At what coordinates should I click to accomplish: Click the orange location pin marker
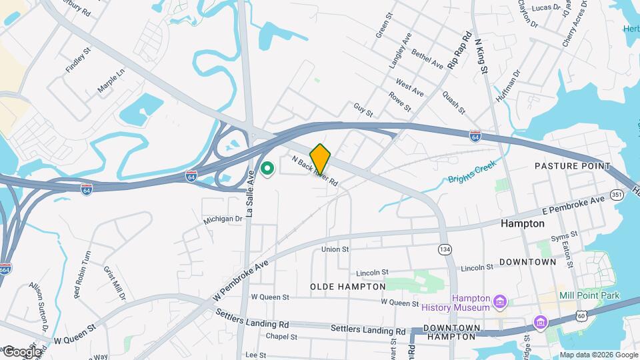point(321,159)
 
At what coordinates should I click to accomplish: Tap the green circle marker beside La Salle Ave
point(268,170)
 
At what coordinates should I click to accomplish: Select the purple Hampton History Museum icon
point(499,304)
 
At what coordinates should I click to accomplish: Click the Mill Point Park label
point(590,295)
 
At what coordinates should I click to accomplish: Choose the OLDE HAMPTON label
point(347,286)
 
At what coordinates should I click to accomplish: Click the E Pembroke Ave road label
point(573,204)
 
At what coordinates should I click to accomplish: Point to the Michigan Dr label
point(223,219)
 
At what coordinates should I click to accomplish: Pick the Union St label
point(335,249)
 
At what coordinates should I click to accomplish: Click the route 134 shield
point(444,249)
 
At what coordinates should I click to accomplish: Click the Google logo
point(22,351)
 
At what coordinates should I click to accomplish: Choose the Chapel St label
point(281,337)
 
